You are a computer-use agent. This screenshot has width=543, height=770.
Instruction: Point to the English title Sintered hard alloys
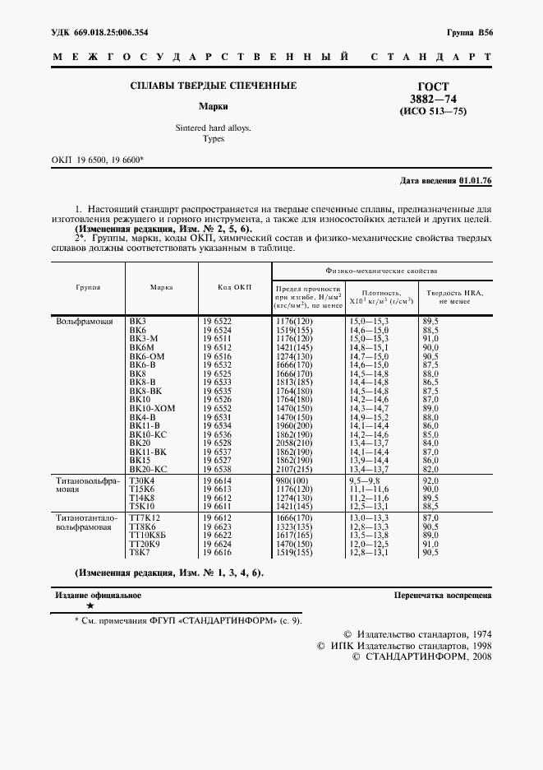pos(214,129)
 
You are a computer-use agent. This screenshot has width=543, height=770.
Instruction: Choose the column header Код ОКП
pos(234,287)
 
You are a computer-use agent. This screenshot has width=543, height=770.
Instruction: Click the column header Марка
pos(161,287)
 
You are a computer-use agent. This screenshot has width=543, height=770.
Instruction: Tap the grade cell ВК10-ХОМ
pos(153,408)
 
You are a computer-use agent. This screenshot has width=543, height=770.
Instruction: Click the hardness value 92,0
pos(432,480)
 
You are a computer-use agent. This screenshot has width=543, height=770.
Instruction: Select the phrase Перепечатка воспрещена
pos(443,594)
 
